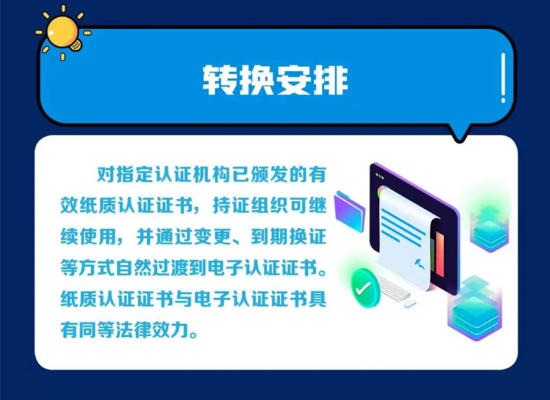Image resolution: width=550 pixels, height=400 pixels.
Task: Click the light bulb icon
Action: point(63,33)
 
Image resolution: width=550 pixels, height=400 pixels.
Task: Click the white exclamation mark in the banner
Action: point(503,78)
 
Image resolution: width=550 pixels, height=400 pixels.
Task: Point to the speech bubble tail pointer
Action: point(459,133)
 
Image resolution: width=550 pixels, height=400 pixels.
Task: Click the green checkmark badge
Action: point(365,288)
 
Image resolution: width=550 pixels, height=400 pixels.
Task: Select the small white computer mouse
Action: point(410,304)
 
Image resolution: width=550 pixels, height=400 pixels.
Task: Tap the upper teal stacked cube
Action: point(489,227)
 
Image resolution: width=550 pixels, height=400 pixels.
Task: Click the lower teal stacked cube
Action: point(475,309)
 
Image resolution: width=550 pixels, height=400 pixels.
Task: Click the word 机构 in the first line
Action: point(203,175)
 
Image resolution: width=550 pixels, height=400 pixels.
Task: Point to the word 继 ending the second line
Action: point(318,205)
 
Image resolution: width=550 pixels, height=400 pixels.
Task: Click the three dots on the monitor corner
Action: point(380,176)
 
